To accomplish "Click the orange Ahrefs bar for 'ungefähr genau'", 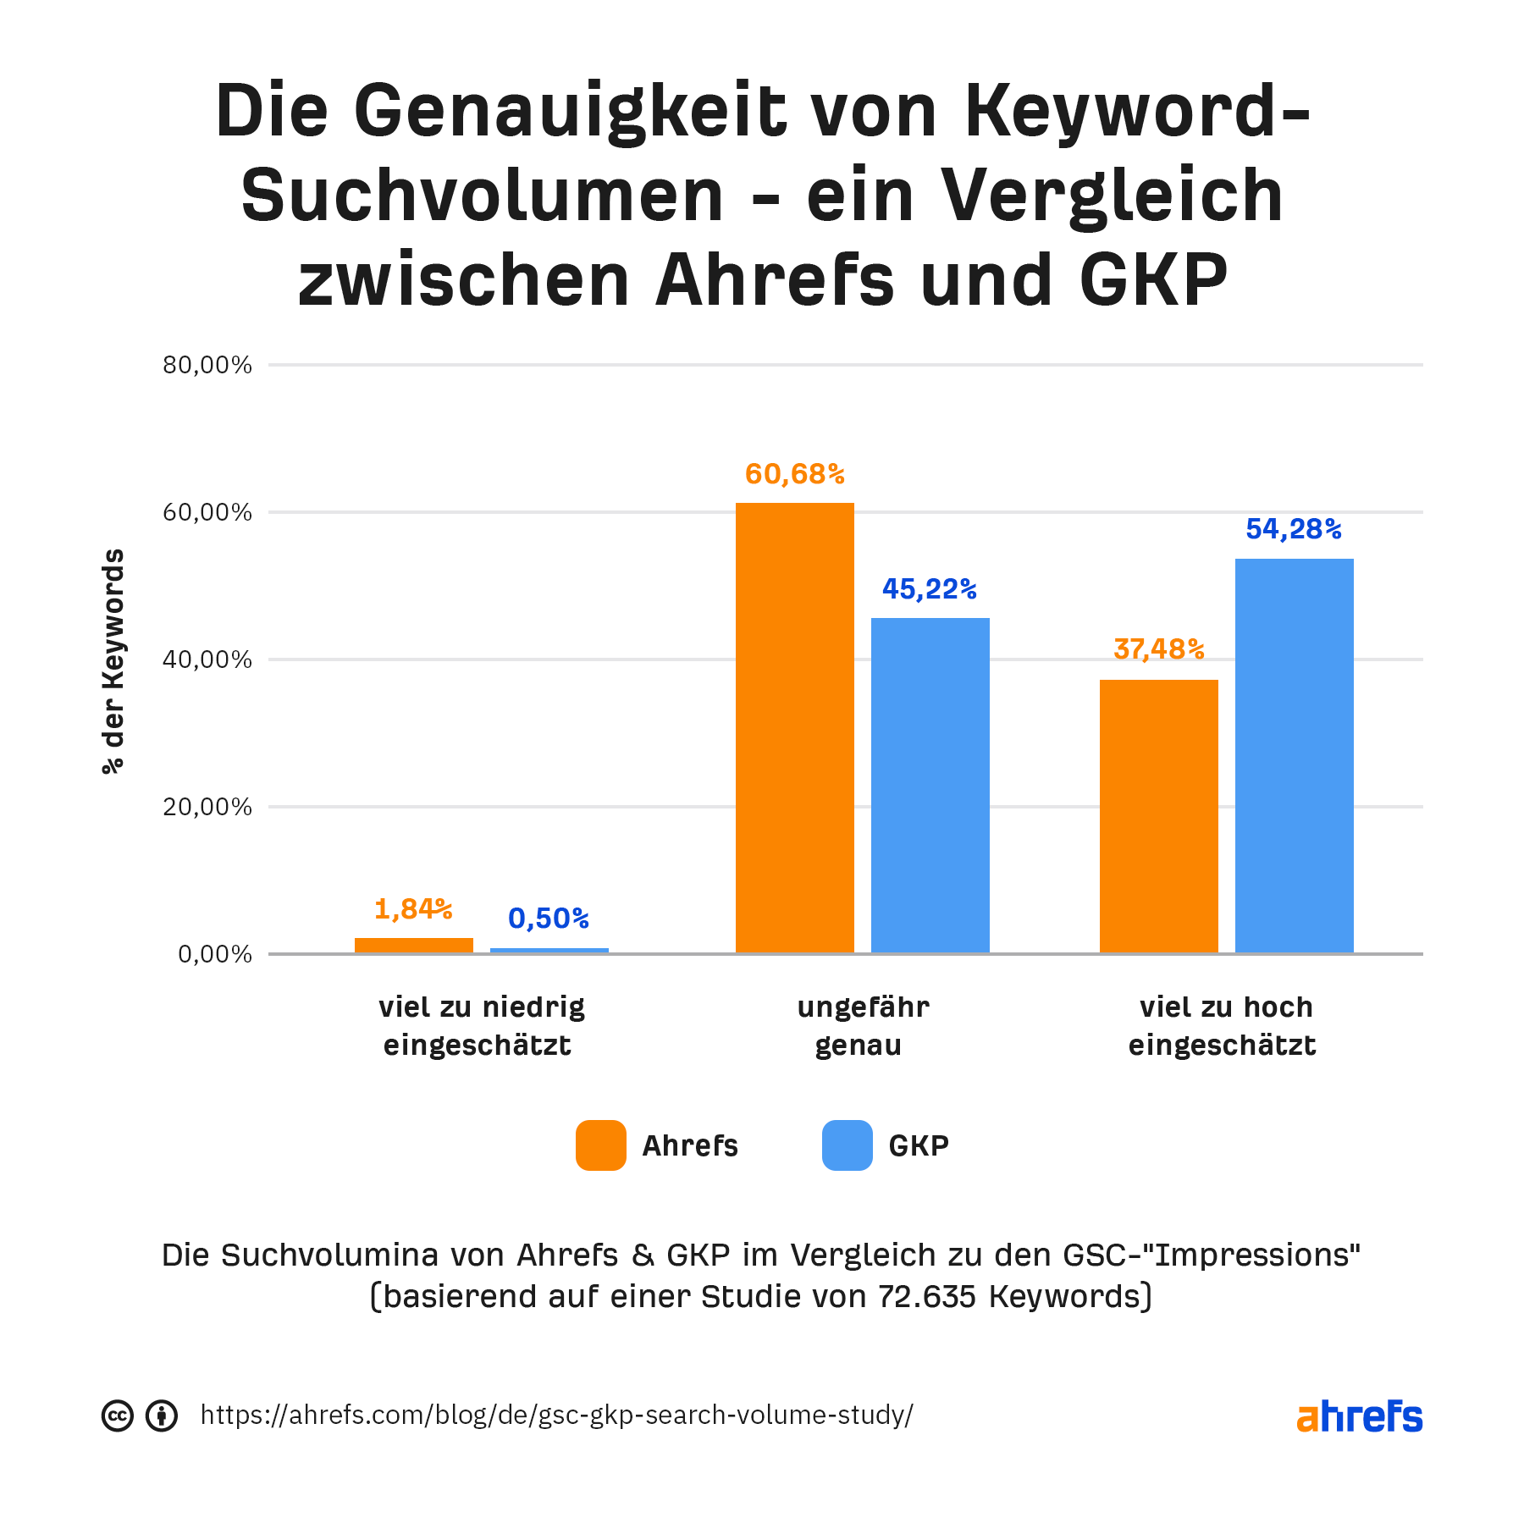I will click(794, 728).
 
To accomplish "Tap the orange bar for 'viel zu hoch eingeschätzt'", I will click(1158, 816).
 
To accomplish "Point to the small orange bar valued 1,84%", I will click(413, 946).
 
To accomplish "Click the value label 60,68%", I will click(794, 475).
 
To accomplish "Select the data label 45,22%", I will click(930, 589).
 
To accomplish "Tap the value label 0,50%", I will click(549, 919).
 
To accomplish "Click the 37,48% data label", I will click(1158, 649).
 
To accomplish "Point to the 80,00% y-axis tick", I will click(207, 366).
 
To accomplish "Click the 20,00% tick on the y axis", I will click(207, 807).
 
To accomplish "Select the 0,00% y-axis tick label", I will click(215, 955).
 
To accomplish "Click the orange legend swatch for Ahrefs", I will click(601, 1145).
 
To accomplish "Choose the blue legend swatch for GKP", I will click(847, 1145).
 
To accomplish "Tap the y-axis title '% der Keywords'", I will click(113, 661).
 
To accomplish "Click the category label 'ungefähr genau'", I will click(862, 1026).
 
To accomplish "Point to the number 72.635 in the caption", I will click(927, 1297).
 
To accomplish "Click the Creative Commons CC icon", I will click(118, 1415).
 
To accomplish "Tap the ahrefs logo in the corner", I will click(1359, 1416).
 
